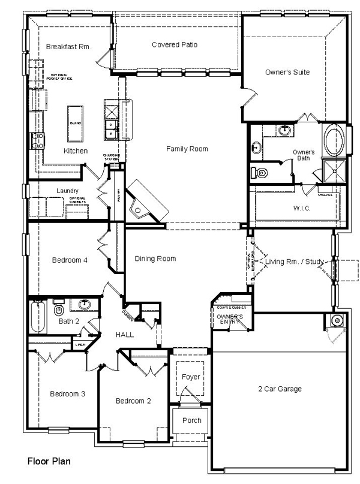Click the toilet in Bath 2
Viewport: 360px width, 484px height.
[x=59, y=310]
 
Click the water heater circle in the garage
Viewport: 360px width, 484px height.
[x=337, y=321]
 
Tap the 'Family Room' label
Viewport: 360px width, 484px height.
[x=187, y=149]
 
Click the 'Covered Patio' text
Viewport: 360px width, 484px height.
[x=175, y=44]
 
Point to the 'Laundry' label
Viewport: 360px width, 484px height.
[x=68, y=191]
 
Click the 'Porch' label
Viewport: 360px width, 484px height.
[x=192, y=420]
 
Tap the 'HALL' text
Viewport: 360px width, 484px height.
[x=125, y=335]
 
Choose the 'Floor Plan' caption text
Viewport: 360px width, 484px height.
[x=49, y=462]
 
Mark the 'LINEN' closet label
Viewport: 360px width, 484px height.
[x=80, y=345]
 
